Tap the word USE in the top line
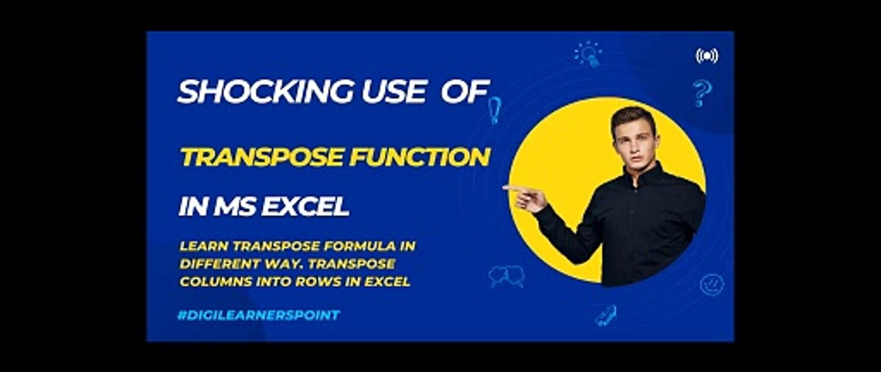392,92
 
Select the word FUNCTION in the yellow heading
419,157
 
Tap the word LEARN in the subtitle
201,246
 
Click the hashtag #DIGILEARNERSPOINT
259,315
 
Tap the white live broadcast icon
706,56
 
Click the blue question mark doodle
702,93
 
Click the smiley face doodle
712,284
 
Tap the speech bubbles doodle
507,276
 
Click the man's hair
633,116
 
